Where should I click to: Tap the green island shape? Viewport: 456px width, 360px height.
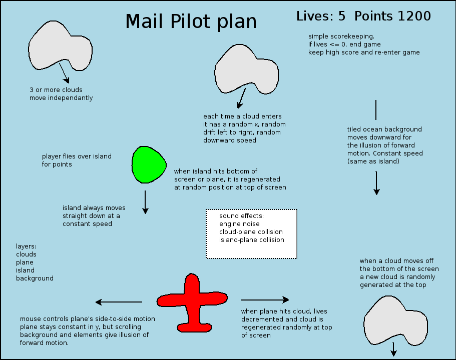point(149,164)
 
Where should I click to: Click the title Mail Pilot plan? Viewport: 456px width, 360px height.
point(191,21)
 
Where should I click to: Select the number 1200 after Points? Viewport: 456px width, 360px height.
point(414,16)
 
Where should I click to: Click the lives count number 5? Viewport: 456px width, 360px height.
point(342,16)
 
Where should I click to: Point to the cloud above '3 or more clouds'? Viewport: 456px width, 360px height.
point(60,46)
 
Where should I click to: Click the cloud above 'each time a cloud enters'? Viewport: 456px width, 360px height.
point(247,69)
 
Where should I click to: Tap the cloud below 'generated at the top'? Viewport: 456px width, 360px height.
point(396,321)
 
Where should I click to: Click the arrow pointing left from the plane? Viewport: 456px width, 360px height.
point(119,302)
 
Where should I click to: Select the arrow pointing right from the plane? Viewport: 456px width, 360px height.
point(265,299)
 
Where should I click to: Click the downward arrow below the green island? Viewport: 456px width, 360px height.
point(145,202)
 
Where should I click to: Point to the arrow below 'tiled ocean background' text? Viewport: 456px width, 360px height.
point(376,183)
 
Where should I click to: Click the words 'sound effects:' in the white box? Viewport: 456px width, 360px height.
point(241,216)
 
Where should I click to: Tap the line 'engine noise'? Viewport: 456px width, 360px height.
point(239,224)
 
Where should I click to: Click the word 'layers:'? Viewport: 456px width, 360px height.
point(26,246)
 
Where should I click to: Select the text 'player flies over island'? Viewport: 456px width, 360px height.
point(77,156)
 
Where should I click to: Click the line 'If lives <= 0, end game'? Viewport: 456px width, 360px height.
point(344,44)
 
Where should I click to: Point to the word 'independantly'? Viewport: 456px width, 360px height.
point(71,98)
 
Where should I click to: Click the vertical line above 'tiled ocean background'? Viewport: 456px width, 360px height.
point(376,110)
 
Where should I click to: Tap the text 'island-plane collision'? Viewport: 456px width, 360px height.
point(252,240)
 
